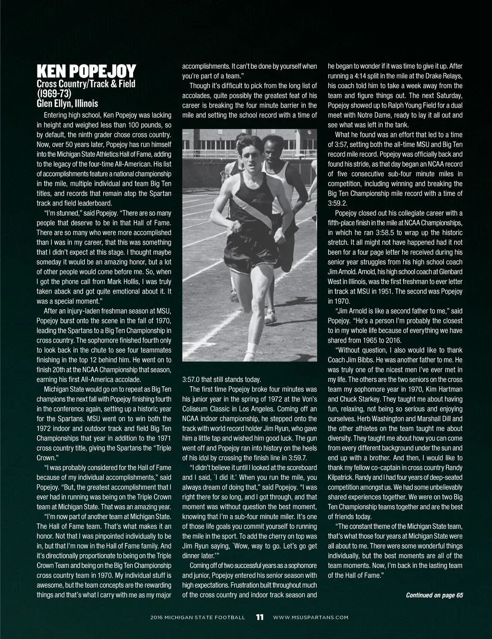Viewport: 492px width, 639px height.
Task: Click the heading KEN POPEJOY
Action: pyautogui.click(x=86, y=72)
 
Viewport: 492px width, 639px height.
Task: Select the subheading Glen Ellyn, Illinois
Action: pyautogui.click(x=67, y=103)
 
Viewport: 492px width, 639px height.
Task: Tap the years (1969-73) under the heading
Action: pyautogui.click(x=54, y=93)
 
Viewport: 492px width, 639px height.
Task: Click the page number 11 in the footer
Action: pyautogui.click(x=259, y=617)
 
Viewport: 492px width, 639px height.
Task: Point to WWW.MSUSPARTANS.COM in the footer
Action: pyautogui.click(x=310, y=617)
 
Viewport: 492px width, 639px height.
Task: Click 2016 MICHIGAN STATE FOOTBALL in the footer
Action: pyautogui.click(x=197, y=617)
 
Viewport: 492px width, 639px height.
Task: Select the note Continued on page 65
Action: pyautogui.click(x=434, y=595)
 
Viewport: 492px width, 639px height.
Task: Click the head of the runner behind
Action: pyautogui.click(x=273, y=147)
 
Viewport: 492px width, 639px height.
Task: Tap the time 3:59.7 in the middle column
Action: pyautogui.click(x=297, y=458)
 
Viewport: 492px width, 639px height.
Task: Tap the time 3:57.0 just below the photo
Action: pyautogui.click(x=191, y=380)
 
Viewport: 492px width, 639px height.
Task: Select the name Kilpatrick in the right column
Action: pyautogui.click(x=341, y=478)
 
